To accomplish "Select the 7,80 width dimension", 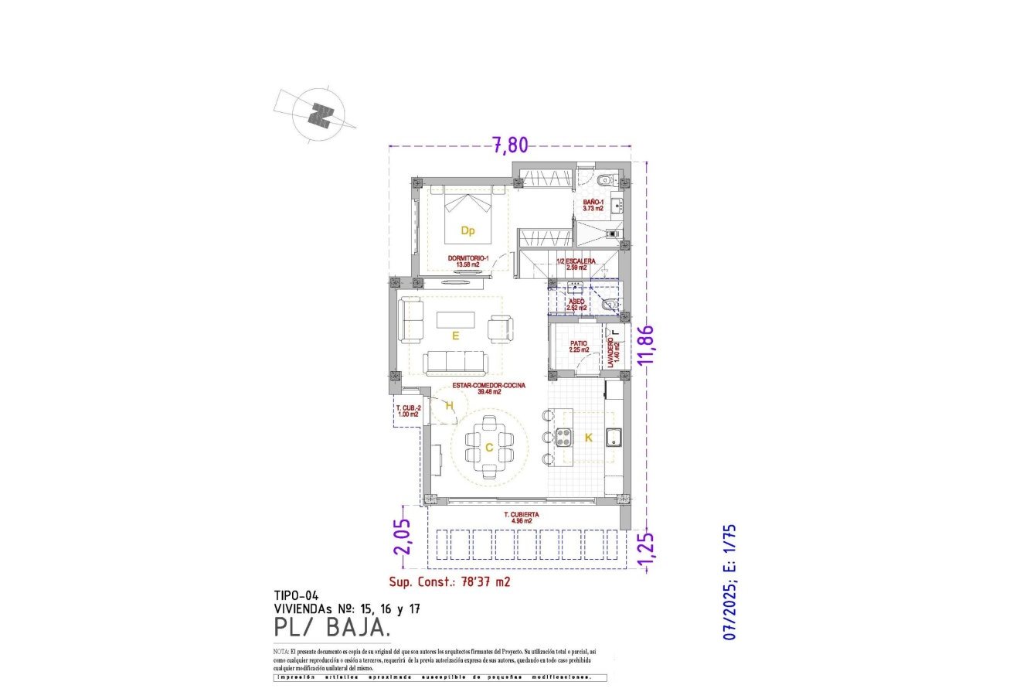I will click(x=510, y=144).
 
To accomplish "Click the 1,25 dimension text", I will click(x=648, y=548).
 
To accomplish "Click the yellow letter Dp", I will click(x=467, y=230).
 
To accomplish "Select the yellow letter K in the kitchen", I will click(x=588, y=438).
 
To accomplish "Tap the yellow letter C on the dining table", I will click(x=489, y=447).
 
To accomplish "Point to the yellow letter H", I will click(x=449, y=404).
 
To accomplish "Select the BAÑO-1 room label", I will click(x=593, y=205).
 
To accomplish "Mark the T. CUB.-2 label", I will click(x=408, y=411).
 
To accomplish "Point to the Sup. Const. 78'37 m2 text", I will click(x=449, y=582).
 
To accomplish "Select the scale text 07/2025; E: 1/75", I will click(x=729, y=582).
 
